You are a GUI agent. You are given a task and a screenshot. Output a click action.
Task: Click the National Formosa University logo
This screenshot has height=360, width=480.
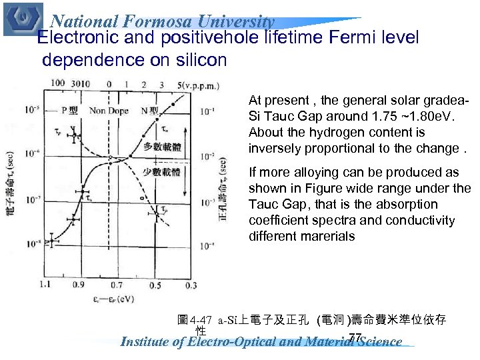23,18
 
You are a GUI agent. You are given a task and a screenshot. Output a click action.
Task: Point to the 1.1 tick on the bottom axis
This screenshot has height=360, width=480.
46,285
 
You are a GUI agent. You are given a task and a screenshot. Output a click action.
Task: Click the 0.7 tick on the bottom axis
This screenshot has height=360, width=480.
117,285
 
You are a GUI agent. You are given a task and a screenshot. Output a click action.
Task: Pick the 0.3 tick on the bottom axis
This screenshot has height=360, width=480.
191,285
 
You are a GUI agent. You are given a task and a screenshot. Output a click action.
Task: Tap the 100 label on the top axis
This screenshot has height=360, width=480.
58,84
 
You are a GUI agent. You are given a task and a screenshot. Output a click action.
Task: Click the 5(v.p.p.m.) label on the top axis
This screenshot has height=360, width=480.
201,85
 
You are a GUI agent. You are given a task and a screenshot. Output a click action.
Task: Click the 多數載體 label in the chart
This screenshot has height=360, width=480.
161,147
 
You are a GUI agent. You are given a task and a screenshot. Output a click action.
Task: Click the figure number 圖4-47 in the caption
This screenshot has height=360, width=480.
193,321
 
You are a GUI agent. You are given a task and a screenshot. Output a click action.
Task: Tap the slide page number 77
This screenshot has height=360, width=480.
355,337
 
